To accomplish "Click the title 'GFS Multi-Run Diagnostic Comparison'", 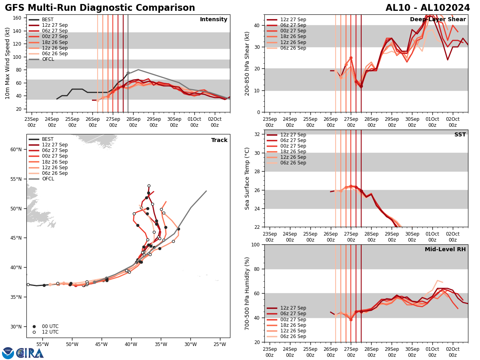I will pos(100,8).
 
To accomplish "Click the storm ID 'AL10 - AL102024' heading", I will pos(428,8).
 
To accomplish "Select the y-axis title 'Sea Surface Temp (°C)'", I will pos(248,178).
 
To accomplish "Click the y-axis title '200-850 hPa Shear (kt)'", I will pos(248,64).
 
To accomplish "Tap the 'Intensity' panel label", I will pos(214,20).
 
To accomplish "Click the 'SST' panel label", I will pos(460,135).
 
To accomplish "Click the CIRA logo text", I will pos(30,353).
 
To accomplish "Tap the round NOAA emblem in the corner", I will pos(8,353).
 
